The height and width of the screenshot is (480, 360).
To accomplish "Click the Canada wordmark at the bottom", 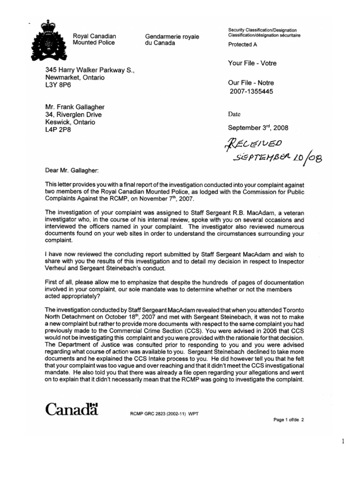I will pyautogui.click(x=72, y=409).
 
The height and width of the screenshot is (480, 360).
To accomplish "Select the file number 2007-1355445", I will pyautogui.click(x=251, y=91).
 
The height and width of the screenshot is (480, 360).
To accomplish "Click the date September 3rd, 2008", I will pyautogui.click(x=258, y=127).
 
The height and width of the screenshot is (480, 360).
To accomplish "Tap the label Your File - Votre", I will pyautogui.click(x=255, y=63).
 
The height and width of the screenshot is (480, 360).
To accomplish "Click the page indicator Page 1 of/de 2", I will pyautogui.click(x=289, y=420).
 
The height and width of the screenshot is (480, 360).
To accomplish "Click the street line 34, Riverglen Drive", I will pyautogui.click(x=73, y=114).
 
